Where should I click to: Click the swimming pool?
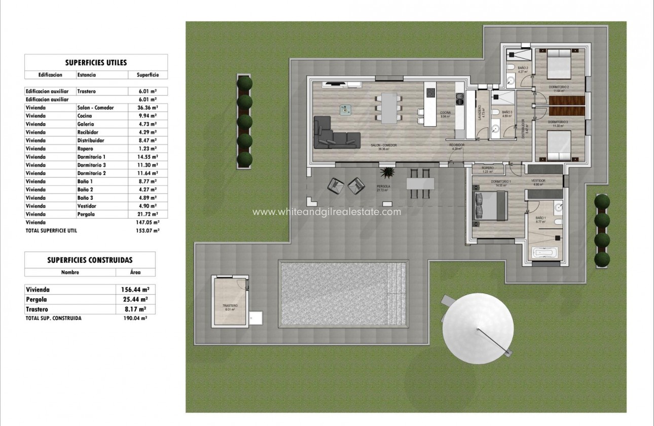(x=343, y=294)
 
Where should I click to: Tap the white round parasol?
(x=477, y=330)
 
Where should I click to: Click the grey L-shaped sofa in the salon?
(x=335, y=134)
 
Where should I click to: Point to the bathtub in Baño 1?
(x=544, y=253)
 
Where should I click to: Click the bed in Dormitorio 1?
(x=490, y=206)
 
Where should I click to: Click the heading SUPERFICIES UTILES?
(x=96, y=63)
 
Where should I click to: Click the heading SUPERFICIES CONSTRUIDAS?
(x=90, y=260)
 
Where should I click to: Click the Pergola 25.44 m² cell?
(x=136, y=299)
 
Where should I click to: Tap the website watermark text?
(x=326, y=212)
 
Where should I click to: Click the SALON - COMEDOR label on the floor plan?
(x=383, y=146)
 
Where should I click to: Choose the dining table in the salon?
(x=389, y=109)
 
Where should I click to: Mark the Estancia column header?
(x=86, y=75)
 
